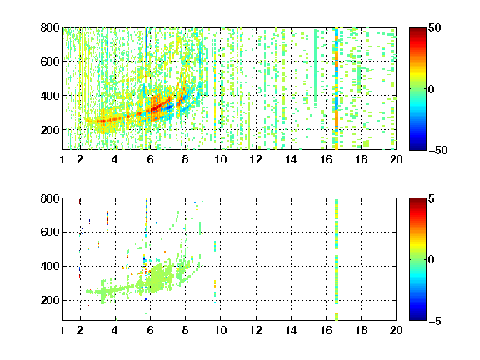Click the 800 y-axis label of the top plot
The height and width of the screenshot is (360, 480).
pyautogui.click(x=50, y=27)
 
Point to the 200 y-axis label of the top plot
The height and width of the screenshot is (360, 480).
pyautogui.click(x=50, y=130)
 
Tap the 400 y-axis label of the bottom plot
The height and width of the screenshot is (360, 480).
pyautogui.click(x=50, y=266)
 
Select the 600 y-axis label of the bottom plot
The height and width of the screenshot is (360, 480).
pyautogui.click(x=50, y=232)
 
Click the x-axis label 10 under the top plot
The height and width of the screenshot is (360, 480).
pyautogui.click(x=220, y=159)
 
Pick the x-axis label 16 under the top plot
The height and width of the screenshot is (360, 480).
pyautogui.click(x=327, y=159)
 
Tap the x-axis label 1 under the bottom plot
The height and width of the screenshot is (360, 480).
pyautogui.click(x=62, y=330)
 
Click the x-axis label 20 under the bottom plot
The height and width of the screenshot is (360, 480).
pyautogui.click(x=396, y=330)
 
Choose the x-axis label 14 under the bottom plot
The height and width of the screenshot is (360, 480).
pyautogui.click(x=291, y=330)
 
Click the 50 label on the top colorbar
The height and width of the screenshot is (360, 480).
pyautogui.click(x=434, y=27)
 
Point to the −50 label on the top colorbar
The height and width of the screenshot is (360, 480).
pyautogui.click(x=438, y=150)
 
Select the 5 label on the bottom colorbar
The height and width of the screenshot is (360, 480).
pyautogui.click(x=432, y=198)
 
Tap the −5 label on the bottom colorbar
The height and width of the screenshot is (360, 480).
pyautogui.click(x=435, y=321)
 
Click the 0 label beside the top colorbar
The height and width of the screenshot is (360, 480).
pyautogui.click(x=431, y=89)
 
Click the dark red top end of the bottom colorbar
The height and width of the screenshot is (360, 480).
pyautogui.click(x=417, y=200)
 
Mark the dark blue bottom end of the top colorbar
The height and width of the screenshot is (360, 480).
pyautogui.click(x=417, y=147)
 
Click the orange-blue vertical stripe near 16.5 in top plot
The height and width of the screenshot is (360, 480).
pyautogui.click(x=337, y=88)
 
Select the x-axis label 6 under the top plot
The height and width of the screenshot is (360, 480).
pyautogui.click(x=150, y=159)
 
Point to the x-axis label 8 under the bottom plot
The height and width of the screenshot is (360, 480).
pyautogui.click(x=185, y=330)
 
